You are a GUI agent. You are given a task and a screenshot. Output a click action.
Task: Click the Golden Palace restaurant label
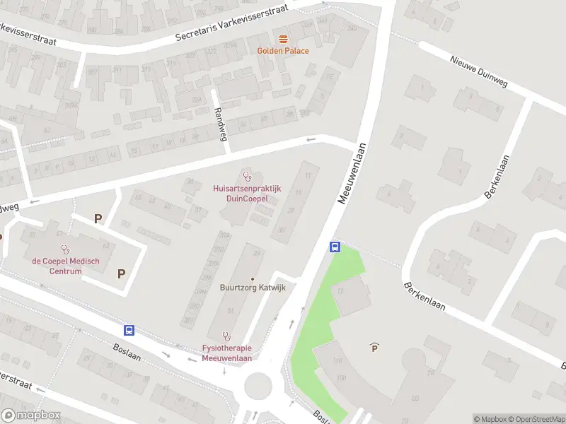[x=283, y=51]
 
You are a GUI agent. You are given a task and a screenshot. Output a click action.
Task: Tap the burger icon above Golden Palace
[x=283, y=38]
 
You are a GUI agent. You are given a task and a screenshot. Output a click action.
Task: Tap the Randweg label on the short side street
[x=220, y=124]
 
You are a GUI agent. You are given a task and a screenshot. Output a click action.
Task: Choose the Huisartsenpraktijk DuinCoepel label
[x=247, y=194]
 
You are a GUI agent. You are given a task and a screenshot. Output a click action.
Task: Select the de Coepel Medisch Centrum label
[x=66, y=265]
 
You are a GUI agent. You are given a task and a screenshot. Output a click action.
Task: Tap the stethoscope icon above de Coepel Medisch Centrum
[x=66, y=248]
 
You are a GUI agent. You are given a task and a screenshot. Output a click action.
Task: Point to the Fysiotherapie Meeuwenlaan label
[x=226, y=353]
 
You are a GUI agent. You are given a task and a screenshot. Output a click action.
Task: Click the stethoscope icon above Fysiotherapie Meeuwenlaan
[x=226, y=336]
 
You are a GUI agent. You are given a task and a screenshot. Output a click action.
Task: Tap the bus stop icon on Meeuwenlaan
[x=335, y=247]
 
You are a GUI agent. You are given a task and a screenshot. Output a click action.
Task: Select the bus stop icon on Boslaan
[x=129, y=330]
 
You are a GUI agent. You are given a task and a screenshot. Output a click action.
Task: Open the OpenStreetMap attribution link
[x=537, y=419]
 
